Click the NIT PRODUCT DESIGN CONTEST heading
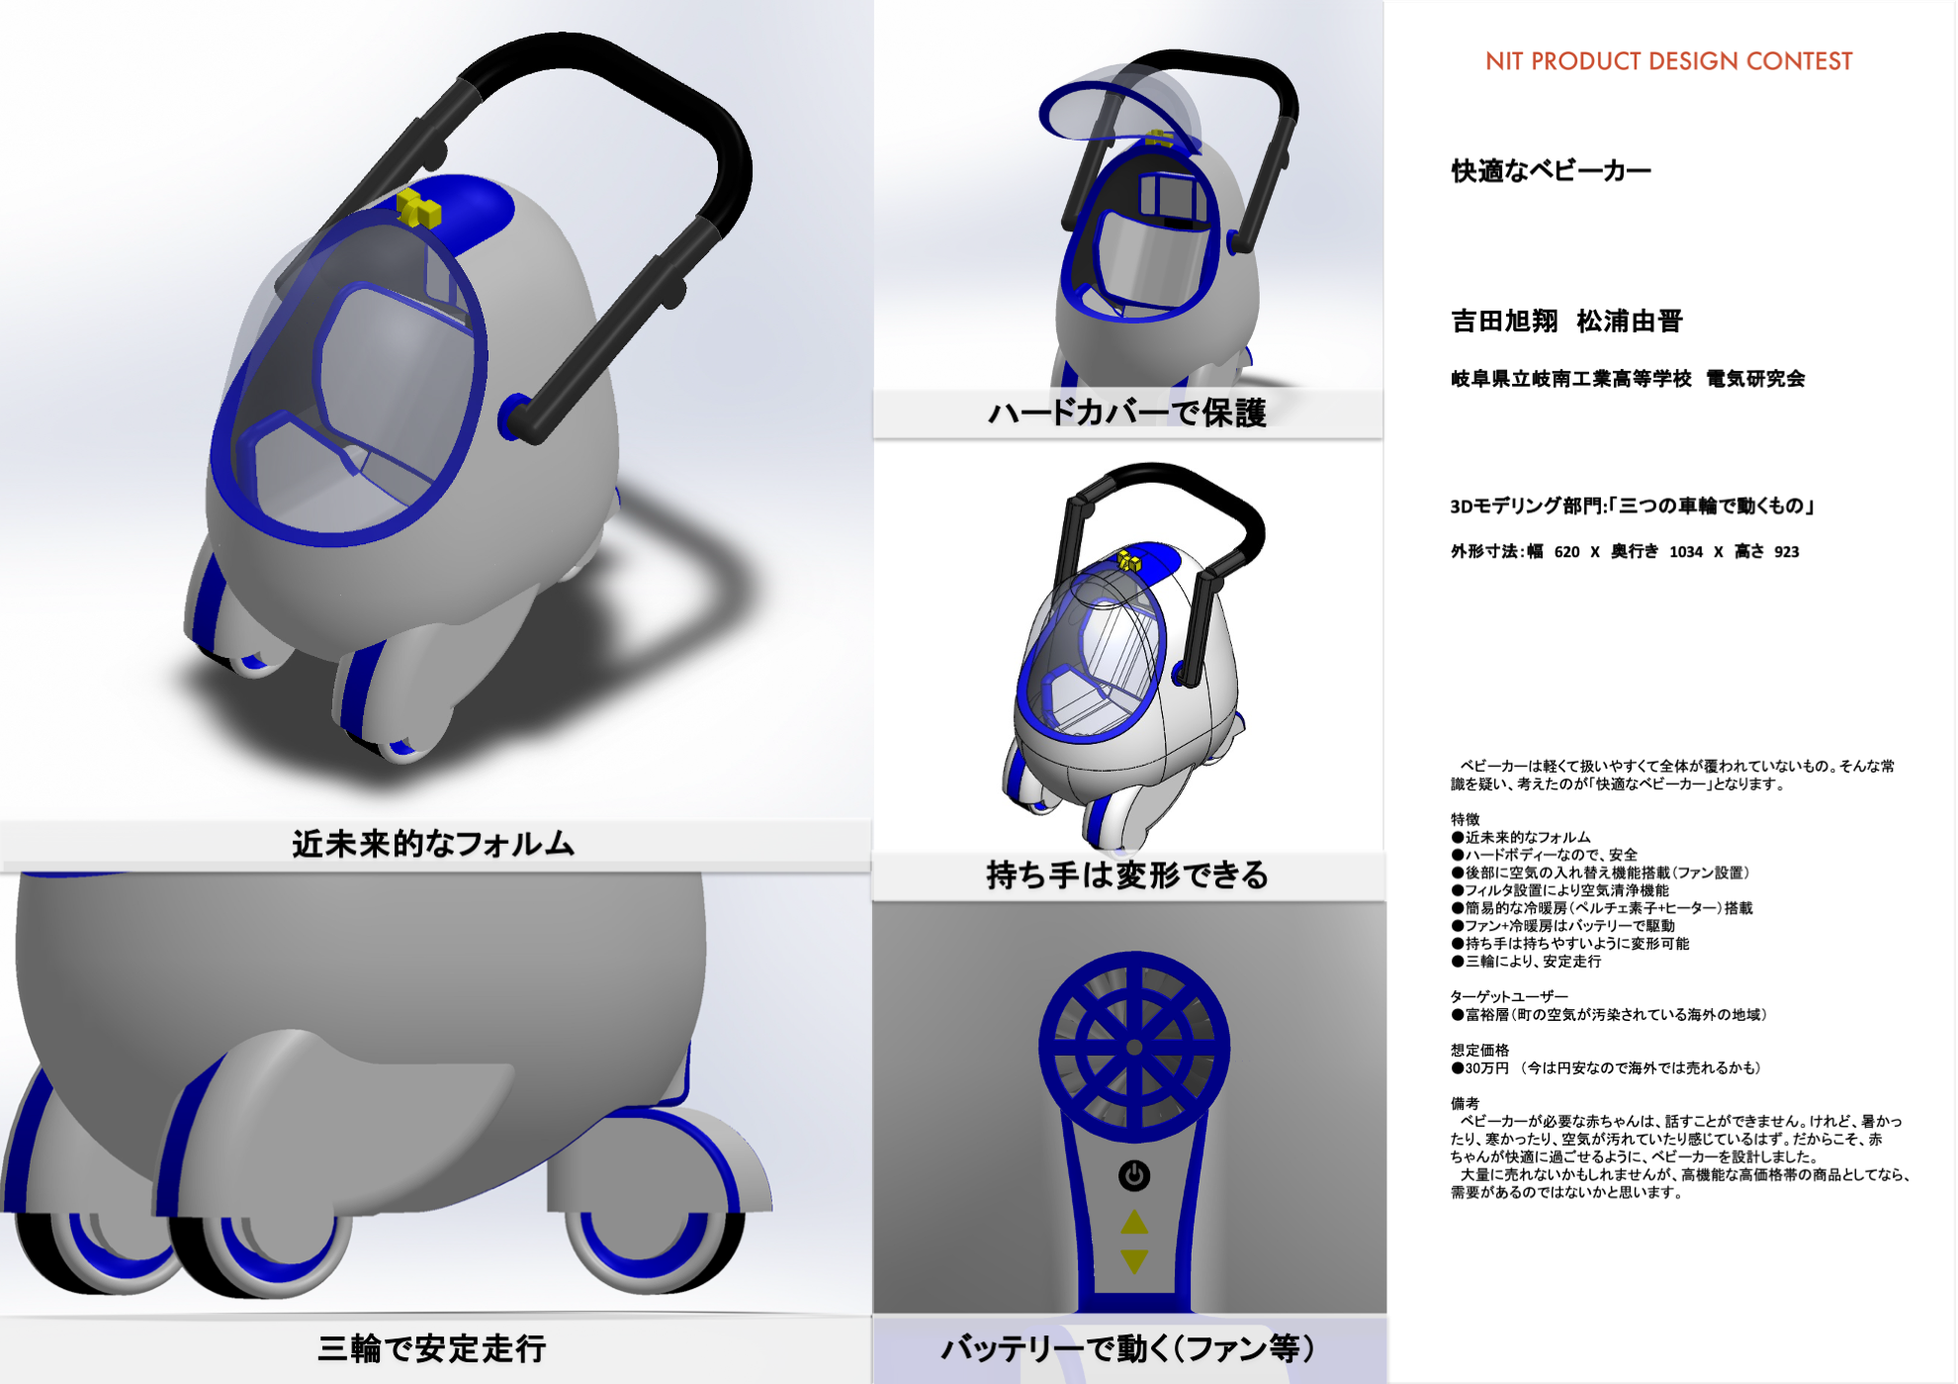tap(1668, 61)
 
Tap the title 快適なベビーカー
tap(1551, 171)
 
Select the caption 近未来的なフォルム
tap(433, 844)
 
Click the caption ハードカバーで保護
tap(1127, 413)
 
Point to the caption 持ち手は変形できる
tap(1127, 876)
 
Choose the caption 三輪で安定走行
tap(432, 1348)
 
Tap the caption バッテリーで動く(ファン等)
tap(1127, 1348)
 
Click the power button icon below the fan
tap(1134, 1175)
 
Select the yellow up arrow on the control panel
tap(1134, 1223)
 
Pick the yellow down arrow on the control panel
tap(1134, 1261)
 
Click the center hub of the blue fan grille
tap(1134, 1047)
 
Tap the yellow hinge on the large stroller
tap(418, 209)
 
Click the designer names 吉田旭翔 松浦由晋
tap(1566, 322)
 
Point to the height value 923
tap(1786, 552)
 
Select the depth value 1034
tap(1686, 552)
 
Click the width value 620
tap(1567, 552)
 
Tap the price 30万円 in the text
tap(1487, 1068)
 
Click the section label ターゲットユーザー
tap(1509, 997)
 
